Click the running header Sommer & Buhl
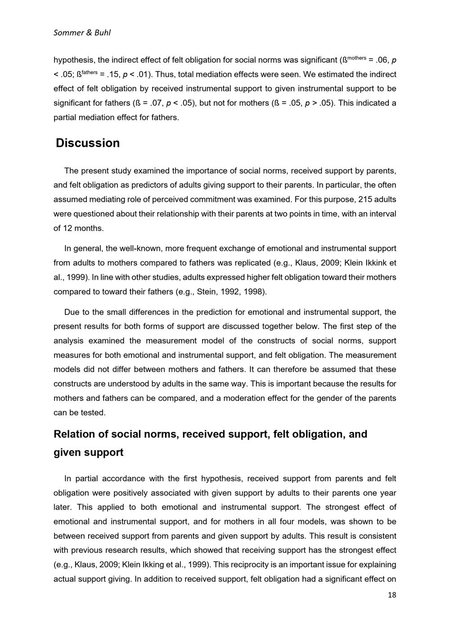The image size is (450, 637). [x=82, y=32]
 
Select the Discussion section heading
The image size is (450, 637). [x=88, y=143]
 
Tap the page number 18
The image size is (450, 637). [x=392, y=595]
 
